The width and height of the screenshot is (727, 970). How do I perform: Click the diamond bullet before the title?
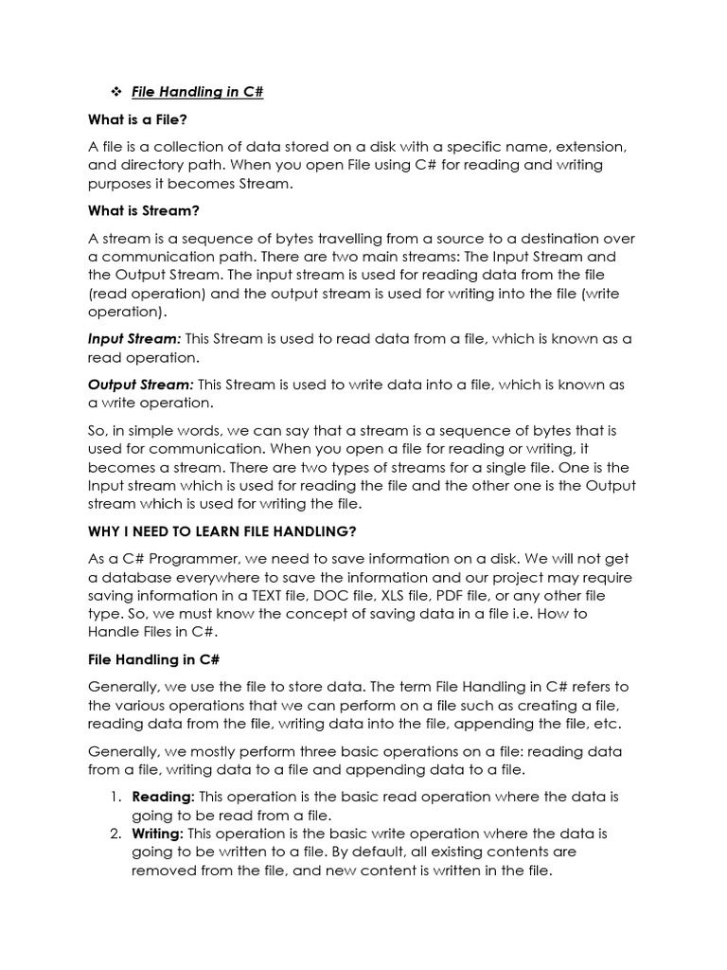[117, 92]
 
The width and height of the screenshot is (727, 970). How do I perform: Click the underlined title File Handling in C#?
[197, 93]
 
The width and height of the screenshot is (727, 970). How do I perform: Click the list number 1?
[115, 797]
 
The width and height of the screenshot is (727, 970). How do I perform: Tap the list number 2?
[115, 834]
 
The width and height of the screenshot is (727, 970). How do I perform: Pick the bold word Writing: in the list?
[158, 834]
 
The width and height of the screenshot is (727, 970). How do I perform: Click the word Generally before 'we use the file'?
[128, 686]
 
